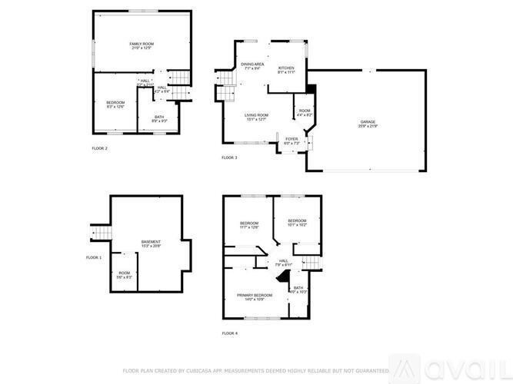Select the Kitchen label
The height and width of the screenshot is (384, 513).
[286, 66]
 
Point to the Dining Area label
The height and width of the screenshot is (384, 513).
[252, 65]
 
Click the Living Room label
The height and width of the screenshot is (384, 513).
[256, 114]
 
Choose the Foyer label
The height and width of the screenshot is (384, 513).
[291, 140]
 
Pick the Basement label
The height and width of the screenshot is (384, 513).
[151, 243]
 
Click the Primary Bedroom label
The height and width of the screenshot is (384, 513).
[255, 295]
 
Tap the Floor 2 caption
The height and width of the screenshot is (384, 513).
[99, 148]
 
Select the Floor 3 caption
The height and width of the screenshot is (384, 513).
[229, 157]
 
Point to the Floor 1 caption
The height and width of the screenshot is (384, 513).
[93, 257]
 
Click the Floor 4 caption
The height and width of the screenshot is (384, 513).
[229, 333]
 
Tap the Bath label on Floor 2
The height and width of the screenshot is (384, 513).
[160, 118]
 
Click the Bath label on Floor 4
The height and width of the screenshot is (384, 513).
[298, 287]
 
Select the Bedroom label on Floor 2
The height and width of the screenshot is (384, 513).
[115, 103]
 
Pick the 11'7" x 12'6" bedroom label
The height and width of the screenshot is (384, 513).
[248, 223]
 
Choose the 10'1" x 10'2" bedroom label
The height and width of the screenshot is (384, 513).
[297, 221]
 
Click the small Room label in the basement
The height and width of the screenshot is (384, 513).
[124, 274]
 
